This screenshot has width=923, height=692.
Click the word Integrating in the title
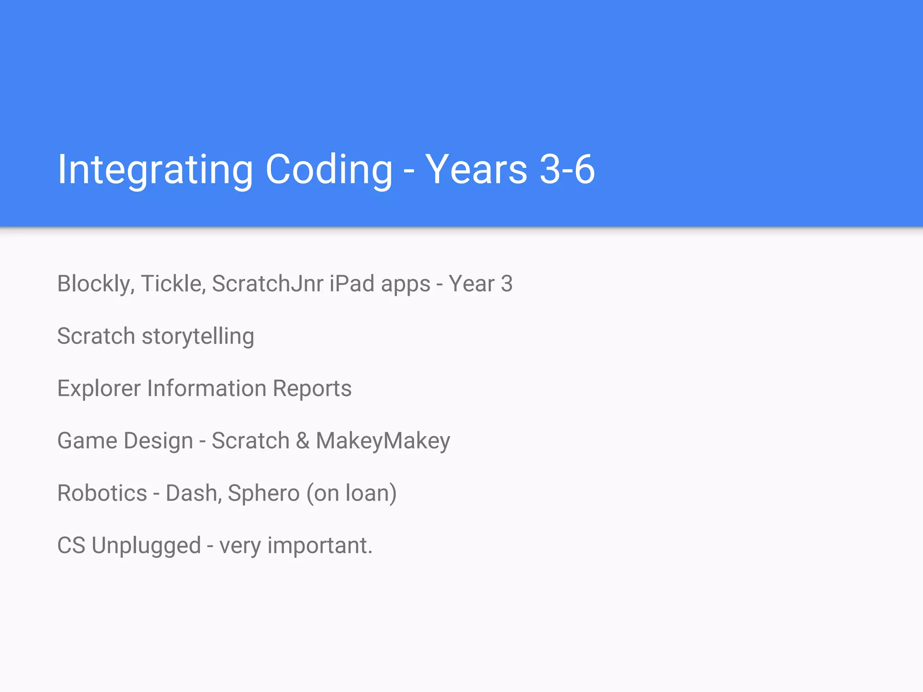coord(155,170)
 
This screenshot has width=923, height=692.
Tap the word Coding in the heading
coord(329,170)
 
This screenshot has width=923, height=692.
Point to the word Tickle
coord(173,284)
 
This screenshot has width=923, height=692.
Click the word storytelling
coord(198,337)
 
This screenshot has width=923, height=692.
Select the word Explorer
coord(99,388)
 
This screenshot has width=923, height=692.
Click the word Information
coord(207,388)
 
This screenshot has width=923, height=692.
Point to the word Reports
coord(312,389)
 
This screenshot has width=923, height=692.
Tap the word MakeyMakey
coord(383,441)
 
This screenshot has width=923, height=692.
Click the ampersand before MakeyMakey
coord(302,441)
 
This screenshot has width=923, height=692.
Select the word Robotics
coord(102,493)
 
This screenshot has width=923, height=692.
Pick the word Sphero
coord(263,493)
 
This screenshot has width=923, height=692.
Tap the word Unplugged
coord(146,546)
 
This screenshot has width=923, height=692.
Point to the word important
coord(320,546)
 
